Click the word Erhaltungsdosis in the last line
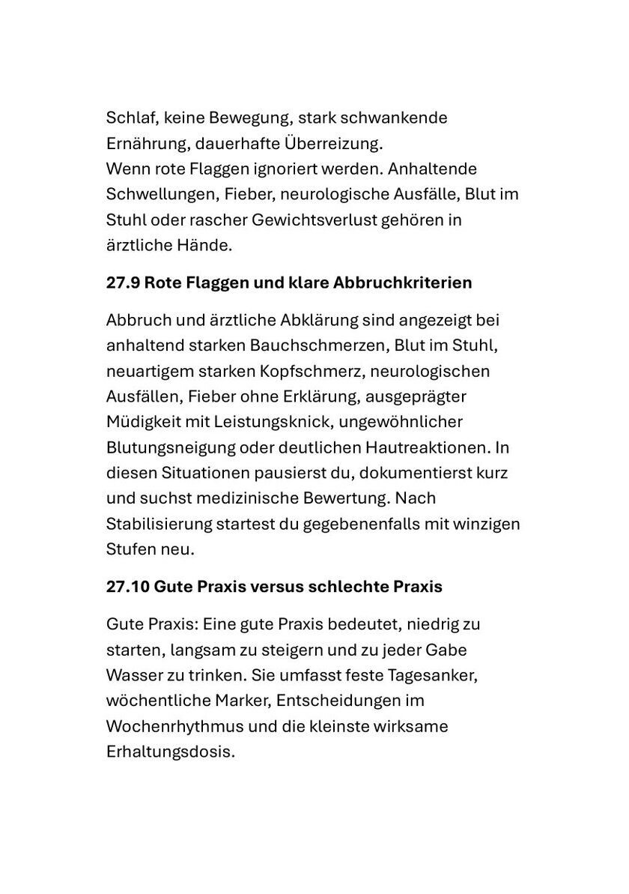pyautogui.click(x=170, y=751)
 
